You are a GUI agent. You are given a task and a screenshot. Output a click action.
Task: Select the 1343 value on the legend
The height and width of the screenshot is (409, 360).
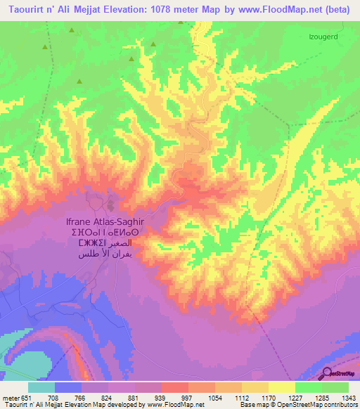pos(340,397)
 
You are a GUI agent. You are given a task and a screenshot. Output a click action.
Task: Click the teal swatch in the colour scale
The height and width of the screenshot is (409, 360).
pos(41,387)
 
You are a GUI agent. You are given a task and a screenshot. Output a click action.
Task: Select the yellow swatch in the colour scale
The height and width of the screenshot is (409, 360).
pos(281,387)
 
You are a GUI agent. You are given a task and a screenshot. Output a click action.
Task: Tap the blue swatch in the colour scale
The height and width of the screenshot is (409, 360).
pos(67,387)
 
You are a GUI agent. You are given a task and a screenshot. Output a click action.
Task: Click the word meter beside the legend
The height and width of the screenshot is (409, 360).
pos(10,397)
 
